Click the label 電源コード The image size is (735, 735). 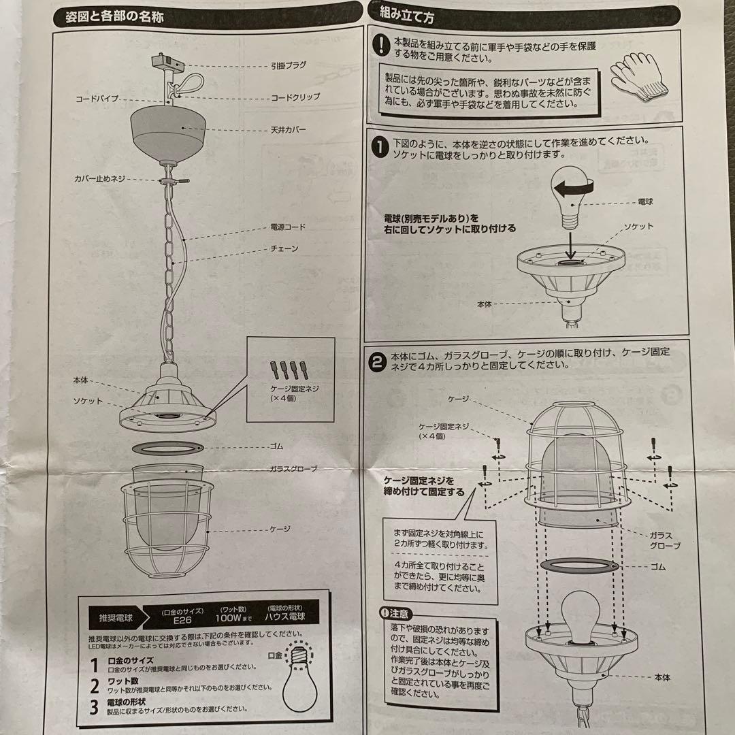point(289,227)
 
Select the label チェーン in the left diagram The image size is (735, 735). point(284,250)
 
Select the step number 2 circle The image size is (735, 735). point(378,359)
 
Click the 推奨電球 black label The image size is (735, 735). point(115,619)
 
